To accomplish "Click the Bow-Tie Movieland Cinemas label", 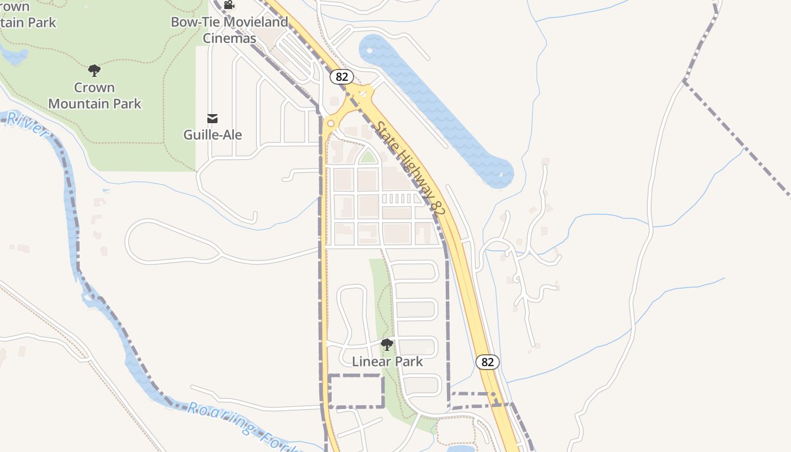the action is coord(229,30).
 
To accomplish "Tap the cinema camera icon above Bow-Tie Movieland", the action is coord(229,5).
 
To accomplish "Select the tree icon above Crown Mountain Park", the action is coord(94,71).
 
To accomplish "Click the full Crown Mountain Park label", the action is coord(95,95).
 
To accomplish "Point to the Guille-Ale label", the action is coord(212,134).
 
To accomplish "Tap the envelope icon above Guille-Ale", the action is coord(212,119).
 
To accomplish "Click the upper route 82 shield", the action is coord(341,76).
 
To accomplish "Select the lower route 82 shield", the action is coord(487,362).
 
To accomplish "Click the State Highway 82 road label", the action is coord(411,168).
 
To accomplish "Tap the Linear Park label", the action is coord(387,361).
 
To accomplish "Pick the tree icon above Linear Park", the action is coord(387,345).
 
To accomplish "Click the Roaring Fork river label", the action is coord(243,425).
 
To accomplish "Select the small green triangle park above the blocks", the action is coord(368,157).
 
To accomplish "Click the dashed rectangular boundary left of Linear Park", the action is coord(356,391).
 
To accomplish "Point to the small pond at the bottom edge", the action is coord(460,449).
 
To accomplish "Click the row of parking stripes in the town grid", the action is coord(398,199).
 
